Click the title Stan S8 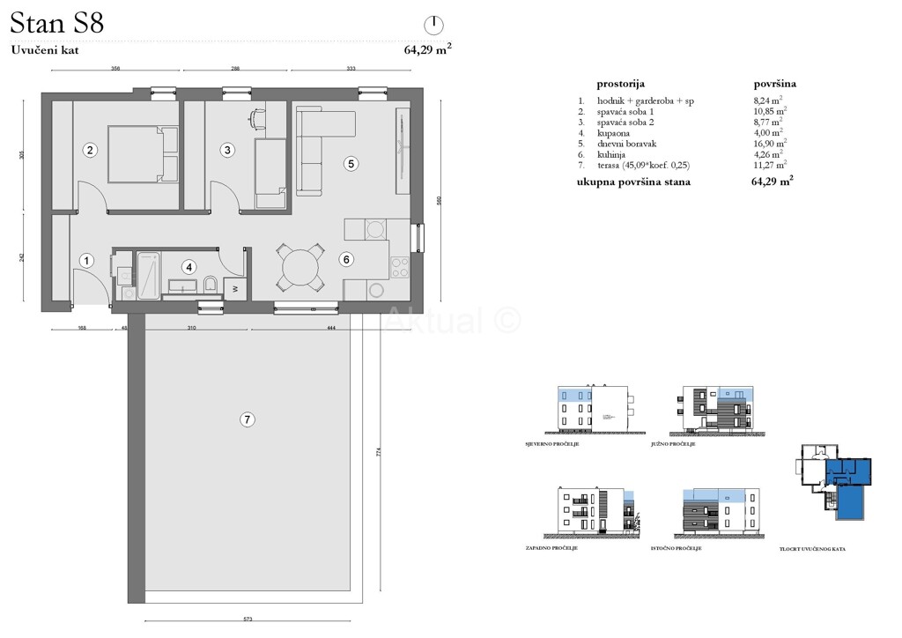click(x=58, y=23)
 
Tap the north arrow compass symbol click(x=434, y=25)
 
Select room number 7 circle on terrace click(x=248, y=420)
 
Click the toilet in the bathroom click(x=210, y=283)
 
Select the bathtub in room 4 click(x=147, y=272)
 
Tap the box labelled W click(x=235, y=287)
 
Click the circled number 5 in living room click(x=351, y=163)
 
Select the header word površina click(x=775, y=84)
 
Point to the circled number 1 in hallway click(x=87, y=260)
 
